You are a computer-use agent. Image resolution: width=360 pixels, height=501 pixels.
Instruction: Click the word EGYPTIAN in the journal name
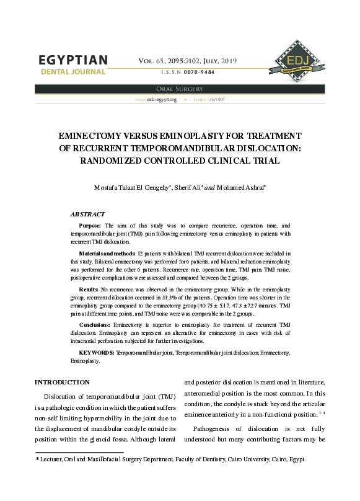(73, 60)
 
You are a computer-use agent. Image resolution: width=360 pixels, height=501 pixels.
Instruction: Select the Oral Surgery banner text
(180, 89)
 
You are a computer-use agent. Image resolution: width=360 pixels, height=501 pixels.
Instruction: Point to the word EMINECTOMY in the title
(92, 136)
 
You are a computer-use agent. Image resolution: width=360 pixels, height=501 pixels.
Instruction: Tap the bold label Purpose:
(91, 226)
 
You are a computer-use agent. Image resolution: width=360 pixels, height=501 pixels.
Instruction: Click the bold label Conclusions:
(96, 325)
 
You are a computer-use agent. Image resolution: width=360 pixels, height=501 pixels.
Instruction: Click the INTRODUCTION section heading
(62, 382)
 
